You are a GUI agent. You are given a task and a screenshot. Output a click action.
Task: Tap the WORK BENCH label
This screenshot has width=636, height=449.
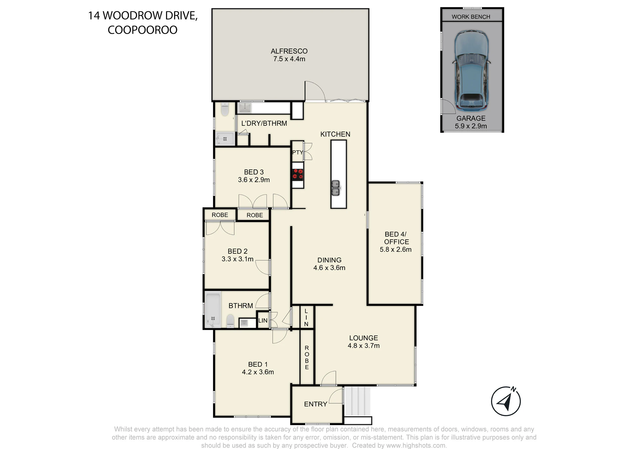pos(471,17)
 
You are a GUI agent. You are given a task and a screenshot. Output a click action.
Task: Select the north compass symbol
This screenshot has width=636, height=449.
pos(506,401)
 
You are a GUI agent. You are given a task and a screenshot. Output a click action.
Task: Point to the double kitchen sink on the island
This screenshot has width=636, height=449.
pos(336,188)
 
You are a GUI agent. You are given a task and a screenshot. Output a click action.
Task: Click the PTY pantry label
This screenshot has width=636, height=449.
pos(298,152)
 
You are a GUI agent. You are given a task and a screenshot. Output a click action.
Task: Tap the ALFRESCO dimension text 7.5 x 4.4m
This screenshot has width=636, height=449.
pos(289,59)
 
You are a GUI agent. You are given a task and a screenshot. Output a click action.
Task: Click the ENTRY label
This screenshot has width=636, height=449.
pos(315,404)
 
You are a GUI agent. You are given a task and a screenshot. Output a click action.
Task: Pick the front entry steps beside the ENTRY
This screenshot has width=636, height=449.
pos(357,401)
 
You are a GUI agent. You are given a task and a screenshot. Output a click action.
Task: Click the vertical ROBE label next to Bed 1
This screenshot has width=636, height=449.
pos(307,358)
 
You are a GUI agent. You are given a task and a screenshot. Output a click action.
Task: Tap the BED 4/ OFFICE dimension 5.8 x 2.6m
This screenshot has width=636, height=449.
pos(396,250)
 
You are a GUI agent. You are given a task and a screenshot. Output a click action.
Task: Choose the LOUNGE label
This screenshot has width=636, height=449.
pos(363,338)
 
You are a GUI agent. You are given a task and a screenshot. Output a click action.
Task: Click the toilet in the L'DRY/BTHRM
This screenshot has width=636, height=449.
pos(225,109)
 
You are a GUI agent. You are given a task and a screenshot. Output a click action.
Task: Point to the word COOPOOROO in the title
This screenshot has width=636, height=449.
pos(142,30)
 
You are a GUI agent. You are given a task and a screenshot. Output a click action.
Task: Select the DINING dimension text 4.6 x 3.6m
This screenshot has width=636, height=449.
pos(329,268)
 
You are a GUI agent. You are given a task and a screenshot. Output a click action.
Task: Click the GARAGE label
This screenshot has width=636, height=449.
pos(471,118)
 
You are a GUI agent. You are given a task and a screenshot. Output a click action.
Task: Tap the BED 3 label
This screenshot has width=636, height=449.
pos(254,172)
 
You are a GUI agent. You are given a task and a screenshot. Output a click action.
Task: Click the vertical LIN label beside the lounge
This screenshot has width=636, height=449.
pos(306,318)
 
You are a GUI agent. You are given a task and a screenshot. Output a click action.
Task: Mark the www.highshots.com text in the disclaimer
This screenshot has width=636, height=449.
pos(416,446)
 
